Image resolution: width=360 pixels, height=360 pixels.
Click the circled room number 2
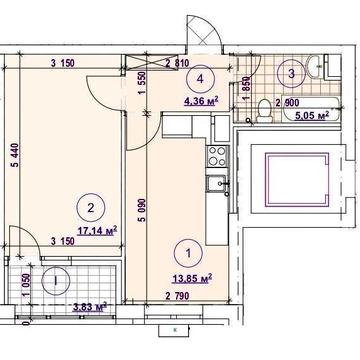click(91, 208)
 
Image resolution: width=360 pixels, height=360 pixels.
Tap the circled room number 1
click(188, 254)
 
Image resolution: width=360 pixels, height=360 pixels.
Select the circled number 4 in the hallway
click(200, 79)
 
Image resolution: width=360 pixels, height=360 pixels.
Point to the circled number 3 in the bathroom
click(292, 74)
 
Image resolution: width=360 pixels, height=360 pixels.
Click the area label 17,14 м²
click(97, 230)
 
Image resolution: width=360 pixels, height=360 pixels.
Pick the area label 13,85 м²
click(193, 279)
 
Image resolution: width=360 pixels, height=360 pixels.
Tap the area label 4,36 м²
click(201, 100)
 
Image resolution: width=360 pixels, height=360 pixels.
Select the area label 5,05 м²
click(312, 115)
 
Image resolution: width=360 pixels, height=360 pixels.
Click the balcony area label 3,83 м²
click(90, 306)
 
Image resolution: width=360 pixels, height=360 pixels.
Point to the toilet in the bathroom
click(265, 111)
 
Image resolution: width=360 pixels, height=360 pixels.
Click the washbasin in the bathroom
click(314, 67)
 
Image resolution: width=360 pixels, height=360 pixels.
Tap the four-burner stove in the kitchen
click(217, 156)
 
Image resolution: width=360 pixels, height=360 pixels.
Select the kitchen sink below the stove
click(217, 184)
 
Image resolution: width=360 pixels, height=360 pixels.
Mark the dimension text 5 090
click(142, 215)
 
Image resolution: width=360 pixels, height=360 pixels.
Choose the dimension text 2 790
click(177, 296)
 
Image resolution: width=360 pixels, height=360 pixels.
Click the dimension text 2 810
click(177, 63)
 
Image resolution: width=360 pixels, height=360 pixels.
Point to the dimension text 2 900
click(287, 102)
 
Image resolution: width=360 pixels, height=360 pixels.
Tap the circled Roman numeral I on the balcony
click(56, 281)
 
